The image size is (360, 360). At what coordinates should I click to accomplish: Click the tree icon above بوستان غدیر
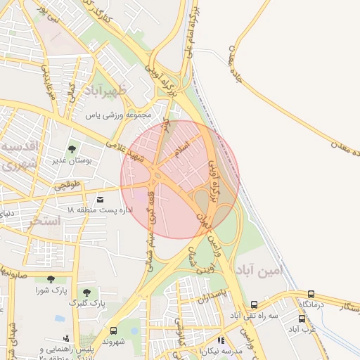pyautogui.click(x=72, y=148)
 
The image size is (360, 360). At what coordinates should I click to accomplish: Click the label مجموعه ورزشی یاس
pyautogui.click(x=114, y=114)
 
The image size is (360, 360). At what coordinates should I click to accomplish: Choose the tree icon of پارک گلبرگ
pyautogui.click(x=86, y=291)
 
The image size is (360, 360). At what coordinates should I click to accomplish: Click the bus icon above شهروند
pyautogui.click(x=114, y=330)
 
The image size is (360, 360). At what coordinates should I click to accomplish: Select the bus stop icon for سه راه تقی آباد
pyautogui.click(x=254, y=305)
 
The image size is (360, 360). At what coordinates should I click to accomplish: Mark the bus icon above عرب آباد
pyautogui.click(x=302, y=319)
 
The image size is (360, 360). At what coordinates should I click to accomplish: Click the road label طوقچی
pyautogui.click(x=68, y=186)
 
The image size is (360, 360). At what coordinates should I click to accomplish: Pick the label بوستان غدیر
pyautogui.click(x=72, y=160)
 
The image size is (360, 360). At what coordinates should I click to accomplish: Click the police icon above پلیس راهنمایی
pyautogui.click(x=66, y=338)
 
